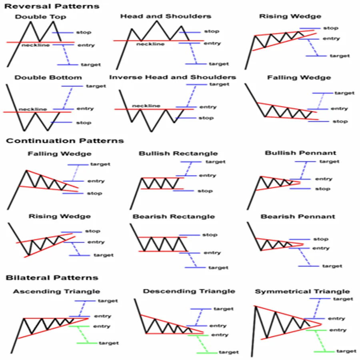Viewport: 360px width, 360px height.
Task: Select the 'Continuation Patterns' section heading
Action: pos(65,141)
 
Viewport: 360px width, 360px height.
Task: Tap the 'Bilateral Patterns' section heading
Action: pos(52,278)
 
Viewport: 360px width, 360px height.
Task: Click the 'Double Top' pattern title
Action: pos(41,17)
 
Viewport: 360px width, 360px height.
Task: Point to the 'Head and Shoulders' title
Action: pos(166,16)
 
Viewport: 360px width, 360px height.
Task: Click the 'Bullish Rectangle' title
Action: pos(178,153)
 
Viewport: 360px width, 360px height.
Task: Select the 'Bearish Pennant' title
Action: pos(298,216)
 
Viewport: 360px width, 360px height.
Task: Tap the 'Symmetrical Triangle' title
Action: pos(302,291)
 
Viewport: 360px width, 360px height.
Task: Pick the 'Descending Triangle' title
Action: pos(189,291)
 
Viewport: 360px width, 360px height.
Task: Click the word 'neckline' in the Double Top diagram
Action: pos(36,45)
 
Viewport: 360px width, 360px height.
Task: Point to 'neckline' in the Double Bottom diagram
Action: pos(33,109)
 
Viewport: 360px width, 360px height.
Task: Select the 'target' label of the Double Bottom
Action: pos(96,86)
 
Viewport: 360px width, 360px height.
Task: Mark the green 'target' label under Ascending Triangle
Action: pos(109,343)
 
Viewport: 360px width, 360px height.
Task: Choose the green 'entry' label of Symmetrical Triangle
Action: pos(337,330)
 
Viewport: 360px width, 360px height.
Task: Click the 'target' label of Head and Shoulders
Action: pos(219,64)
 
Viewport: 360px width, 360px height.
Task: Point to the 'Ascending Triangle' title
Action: pos(56,291)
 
